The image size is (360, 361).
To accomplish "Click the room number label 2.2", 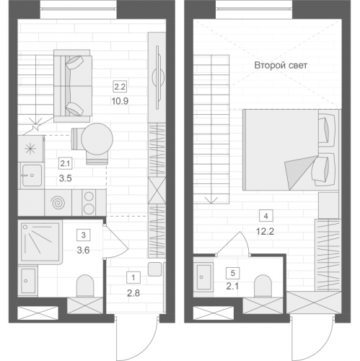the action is coord(120,87).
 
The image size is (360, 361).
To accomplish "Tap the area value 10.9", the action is coord(120,101).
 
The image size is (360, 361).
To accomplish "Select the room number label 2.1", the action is coord(65,164).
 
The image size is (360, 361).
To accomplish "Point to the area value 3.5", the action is coord(66,178).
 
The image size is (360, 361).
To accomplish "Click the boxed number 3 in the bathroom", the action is coord(84,235).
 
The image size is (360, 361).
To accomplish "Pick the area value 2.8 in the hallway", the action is coord(133,293).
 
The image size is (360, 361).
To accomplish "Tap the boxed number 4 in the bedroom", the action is coord(265,216).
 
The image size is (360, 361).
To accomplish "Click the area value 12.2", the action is coord(265,232).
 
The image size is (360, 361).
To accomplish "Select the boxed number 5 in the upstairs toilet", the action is coord(232,273).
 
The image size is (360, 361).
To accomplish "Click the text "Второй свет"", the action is coord(281,66).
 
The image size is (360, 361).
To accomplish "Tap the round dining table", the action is coord(97,139).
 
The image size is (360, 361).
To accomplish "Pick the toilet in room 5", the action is coord(263,286).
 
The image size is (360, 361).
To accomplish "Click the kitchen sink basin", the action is coord(32,175).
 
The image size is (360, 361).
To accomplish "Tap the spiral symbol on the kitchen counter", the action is coord(58,203).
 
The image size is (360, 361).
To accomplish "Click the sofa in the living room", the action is coord(73,86).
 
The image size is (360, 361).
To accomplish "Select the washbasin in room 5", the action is coord(203,277).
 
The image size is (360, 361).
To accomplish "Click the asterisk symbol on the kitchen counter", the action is coord(30,149).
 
